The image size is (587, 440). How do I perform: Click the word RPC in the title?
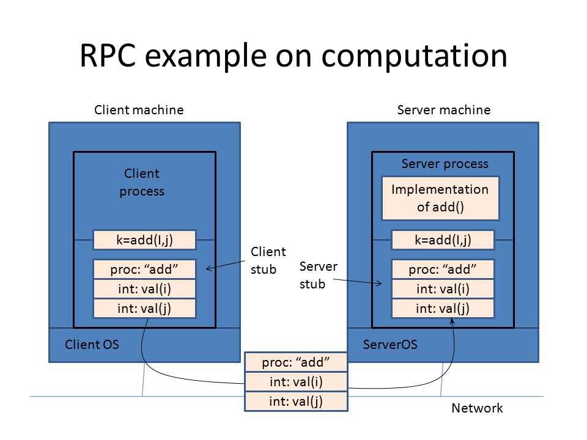(x=108, y=56)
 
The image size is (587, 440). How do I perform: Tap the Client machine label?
(x=139, y=110)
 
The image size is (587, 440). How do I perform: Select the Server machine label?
(x=444, y=110)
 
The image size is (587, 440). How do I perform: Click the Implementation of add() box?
(x=440, y=198)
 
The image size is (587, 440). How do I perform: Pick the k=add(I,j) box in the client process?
(x=144, y=240)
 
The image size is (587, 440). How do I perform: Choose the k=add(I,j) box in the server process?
(x=443, y=240)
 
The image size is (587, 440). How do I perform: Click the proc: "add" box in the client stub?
(x=144, y=269)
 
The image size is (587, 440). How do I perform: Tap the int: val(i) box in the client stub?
(x=144, y=288)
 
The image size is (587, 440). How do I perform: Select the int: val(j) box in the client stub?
(x=144, y=308)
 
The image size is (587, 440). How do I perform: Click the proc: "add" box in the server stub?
(x=443, y=269)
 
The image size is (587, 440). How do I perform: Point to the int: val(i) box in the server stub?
(x=443, y=288)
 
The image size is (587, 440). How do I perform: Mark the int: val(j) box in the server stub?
(x=443, y=308)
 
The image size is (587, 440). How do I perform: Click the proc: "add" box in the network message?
(x=296, y=362)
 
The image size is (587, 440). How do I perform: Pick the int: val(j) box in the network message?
(x=296, y=402)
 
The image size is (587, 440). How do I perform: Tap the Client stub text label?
(x=268, y=260)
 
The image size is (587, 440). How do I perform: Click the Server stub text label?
(x=318, y=275)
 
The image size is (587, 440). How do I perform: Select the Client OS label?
(x=92, y=344)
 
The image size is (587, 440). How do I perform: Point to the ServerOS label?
(x=390, y=344)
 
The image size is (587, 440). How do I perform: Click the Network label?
(x=478, y=408)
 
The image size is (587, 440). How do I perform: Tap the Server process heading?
(x=445, y=164)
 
